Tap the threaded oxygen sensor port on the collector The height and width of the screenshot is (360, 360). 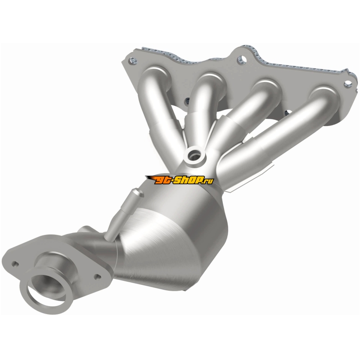tap(194, 157)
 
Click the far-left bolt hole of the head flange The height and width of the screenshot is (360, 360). tap(133, 61)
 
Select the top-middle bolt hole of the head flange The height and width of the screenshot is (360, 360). tap(242, 60)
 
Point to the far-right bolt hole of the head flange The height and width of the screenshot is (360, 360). tap(348, 84)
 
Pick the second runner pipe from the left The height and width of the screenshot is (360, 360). tap(202, 108)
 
